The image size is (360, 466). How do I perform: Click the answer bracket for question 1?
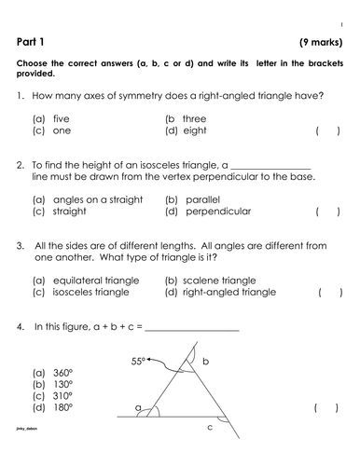(327, 131)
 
